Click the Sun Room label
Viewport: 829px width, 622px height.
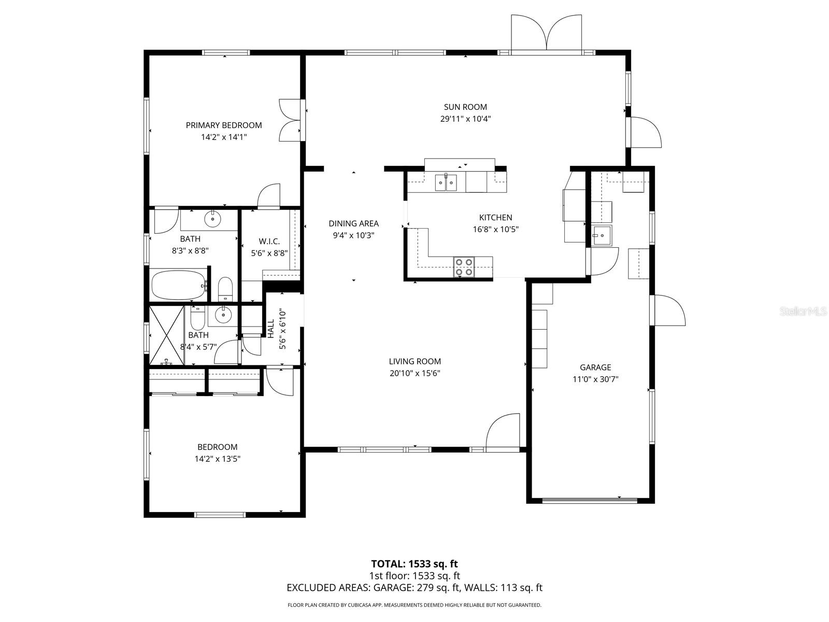pos(465,107)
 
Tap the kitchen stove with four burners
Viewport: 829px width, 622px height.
pos(464,267)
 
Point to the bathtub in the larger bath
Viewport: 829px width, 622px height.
pos(178,285)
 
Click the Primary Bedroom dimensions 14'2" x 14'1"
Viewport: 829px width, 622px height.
pos(224,137)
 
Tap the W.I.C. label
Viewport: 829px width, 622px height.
pos(269,241)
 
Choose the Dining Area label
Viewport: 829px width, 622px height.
pos(353,223)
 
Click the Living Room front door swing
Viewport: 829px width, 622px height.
pos(504,430)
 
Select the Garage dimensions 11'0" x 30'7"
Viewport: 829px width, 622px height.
pos(595,379)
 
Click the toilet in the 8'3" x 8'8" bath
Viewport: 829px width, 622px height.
pos(225,289)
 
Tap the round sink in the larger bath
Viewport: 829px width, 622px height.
pos(212,219)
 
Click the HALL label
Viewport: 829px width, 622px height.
pos(270,329)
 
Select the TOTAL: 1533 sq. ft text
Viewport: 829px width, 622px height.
pos(414,563)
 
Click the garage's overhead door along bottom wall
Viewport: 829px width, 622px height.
pos(590,500)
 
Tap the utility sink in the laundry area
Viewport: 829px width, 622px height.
pos(602,236)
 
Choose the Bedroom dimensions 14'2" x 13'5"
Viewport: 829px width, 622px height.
pos(218,459)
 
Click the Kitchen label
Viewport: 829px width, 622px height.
pos(495,218)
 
